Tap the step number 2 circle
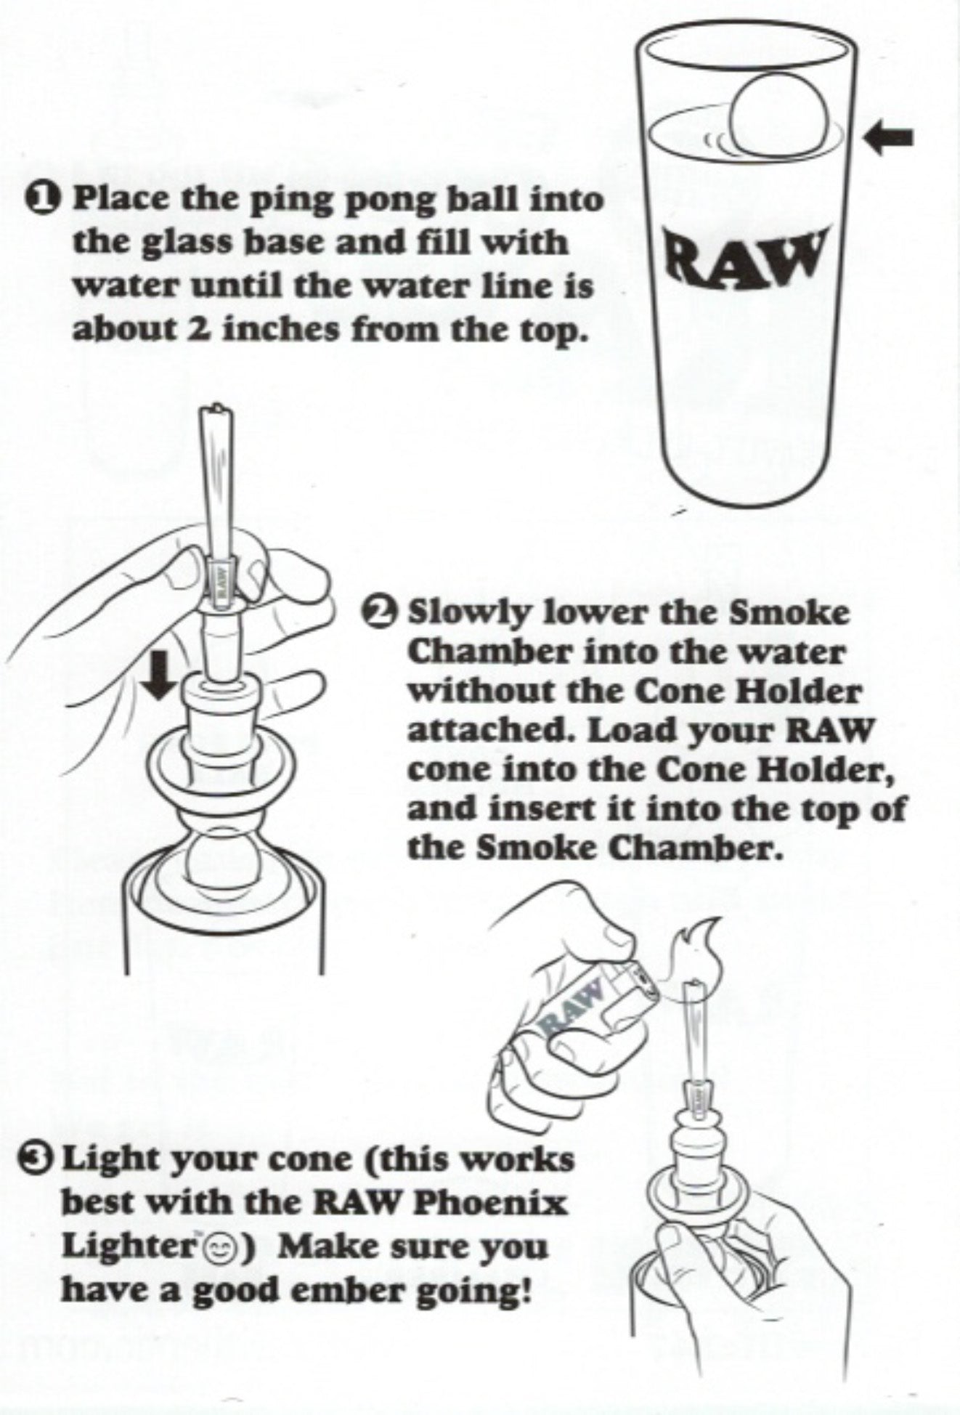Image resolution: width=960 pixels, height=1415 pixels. (x=383, y=612)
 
